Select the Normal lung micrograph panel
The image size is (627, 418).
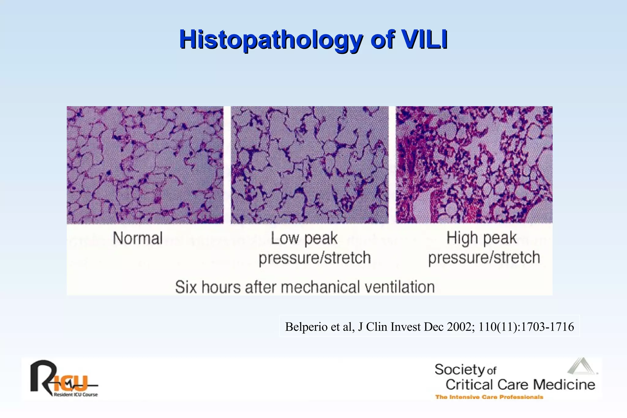145,165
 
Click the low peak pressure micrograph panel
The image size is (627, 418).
310,165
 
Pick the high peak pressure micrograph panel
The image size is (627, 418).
474,165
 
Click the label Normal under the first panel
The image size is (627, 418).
138,238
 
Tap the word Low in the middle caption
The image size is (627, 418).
284,238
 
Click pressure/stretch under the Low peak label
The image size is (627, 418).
315,258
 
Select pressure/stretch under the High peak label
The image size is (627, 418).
484,258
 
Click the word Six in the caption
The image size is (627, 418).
186,287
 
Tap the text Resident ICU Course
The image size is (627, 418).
76,395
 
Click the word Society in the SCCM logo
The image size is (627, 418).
460,370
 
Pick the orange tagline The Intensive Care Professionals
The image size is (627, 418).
489,397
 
